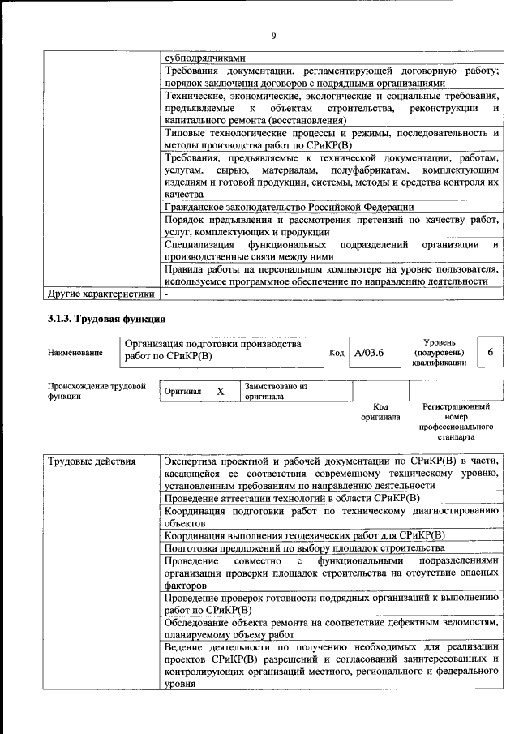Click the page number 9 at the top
click(x=273, y=35)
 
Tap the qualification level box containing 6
click(x=489, y=352)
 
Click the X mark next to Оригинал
click(x=220, y=391)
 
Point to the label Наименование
click(x=75, y=353)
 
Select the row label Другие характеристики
click(x=101, y=294)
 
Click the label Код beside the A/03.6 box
click(x=337, y=353)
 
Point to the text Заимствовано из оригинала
click(x=276, y=392)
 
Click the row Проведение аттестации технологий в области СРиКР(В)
click(x=291, y=498)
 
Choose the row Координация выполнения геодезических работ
click(x=304, y=535)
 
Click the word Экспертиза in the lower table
click(x=193, y=461)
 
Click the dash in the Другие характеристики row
click(x=165, y=294)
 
